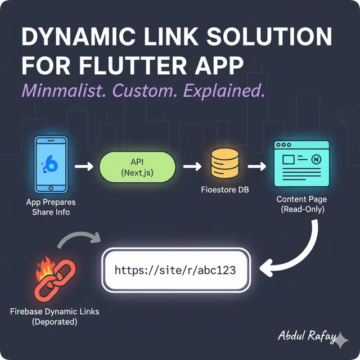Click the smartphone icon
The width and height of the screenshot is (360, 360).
[x=51, y=165]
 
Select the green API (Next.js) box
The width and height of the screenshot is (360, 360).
[x=137, y=166]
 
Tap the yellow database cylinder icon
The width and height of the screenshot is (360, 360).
[x=224, y=165]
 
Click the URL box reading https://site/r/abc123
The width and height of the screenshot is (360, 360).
[x=175, y=271]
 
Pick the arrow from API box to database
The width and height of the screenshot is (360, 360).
[x=192, y=166]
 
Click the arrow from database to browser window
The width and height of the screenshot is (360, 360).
[x=256, y=166]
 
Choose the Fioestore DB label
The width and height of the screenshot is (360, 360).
[x=225, y=190]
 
